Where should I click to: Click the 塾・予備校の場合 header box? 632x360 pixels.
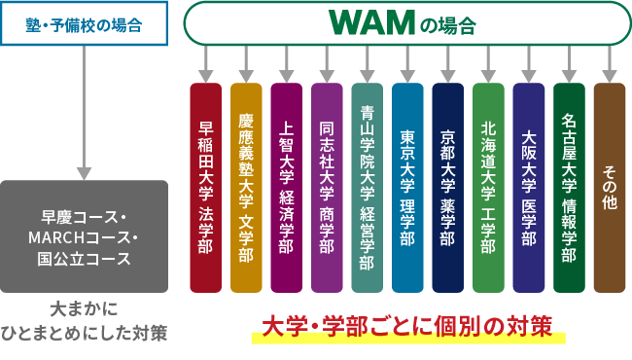point(85,24)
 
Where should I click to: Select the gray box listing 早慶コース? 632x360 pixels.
point(85,236)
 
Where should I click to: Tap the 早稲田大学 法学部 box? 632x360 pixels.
point(206,188)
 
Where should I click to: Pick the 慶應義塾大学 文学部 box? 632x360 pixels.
point(246,188)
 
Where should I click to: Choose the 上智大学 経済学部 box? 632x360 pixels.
point(287,188)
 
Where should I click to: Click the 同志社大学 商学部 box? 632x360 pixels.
point(327,188)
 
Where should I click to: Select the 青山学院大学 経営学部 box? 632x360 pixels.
point(368,188)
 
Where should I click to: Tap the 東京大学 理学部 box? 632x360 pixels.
point(407,188)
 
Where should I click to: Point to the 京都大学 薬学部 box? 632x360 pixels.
point(448,188)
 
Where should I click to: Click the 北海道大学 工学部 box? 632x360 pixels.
point(488,188)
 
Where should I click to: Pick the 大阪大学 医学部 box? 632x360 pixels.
point(529,188)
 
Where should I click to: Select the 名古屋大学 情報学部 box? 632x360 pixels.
point(569,188)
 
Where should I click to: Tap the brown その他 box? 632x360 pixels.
point(610,188)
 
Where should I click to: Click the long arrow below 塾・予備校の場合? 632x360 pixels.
point(85,107)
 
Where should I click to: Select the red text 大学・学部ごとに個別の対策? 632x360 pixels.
point(407,325)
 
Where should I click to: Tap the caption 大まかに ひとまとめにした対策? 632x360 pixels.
point(85,321)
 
